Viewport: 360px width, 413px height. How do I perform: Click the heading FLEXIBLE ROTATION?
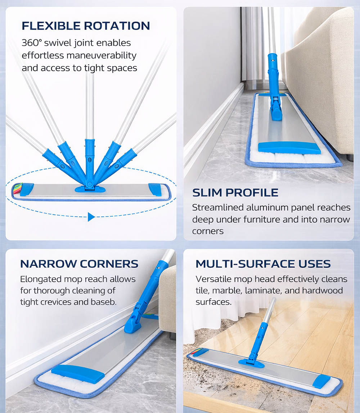click(86, 26)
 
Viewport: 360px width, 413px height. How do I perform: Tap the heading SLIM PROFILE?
click(235, 192)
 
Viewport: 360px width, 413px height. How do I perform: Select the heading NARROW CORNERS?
click(79, 264)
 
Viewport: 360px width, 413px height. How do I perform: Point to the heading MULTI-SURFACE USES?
click(263, 264)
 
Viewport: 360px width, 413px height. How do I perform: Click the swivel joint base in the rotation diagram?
click(90, 188)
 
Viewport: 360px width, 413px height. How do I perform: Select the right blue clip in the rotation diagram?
click(155, 189)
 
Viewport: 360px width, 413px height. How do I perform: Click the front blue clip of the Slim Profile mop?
click(289, 147)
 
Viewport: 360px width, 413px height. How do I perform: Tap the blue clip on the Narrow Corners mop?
click(78, 373)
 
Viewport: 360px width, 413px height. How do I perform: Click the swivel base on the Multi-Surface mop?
click(251, 363)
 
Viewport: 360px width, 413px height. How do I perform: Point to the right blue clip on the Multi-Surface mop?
click(321, 381)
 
